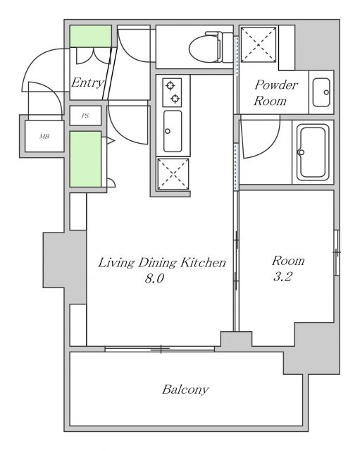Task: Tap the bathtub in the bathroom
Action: pyautogui.click(x=313, y=152)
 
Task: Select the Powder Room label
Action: pyautogui.click(x=275, y=92)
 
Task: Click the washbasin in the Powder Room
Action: pyautogui.click(x=321, y=92)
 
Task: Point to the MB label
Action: pyautogui.click(x=44, y=136)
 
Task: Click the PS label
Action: pyautogui.click(x=85, y=116)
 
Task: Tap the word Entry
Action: pyautogui.click(x=87, y=82)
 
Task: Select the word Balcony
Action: pyautogui.click(x=185, y=390)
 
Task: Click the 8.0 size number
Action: pyautogui.click(x=154, y=278)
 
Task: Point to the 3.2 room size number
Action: pyautogui.click(x=283, y=276)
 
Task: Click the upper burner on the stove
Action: pyautogui.click(x=170, y=85)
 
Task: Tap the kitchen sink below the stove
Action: pyautogui.click(x=173, y=131)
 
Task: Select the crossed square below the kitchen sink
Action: pyautogui.click(x=173, y=174)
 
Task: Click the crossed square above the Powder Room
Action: pyautogui.click(x=259, y=44)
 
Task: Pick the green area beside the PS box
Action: pyautogui.click(x=85, y=159)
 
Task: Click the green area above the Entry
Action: pyautogui.click(x=91, y=36)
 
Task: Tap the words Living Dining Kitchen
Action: pyautogui.click(x=162, y=263)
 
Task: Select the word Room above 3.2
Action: pyautogui.click(x=288, y=261)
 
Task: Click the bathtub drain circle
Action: pyautogui.click(x=302, y=152)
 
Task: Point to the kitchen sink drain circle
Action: pyautogui.click(x=168, y=131)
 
